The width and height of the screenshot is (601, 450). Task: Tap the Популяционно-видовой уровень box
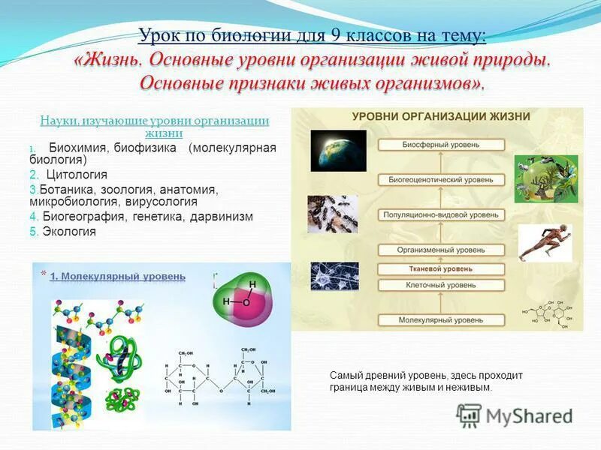[x=440, y=215]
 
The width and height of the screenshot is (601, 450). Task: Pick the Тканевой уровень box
[x=440, y=268]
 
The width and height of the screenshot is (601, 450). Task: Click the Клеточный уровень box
[x=440, y=285]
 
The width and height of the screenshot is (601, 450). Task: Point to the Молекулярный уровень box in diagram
[x=440, y=320]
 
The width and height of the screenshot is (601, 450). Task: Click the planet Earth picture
[x=338, y=151]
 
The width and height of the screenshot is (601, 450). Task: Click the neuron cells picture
[x=334, y=276]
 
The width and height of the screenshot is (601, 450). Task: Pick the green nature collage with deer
[x=545, y=181]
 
